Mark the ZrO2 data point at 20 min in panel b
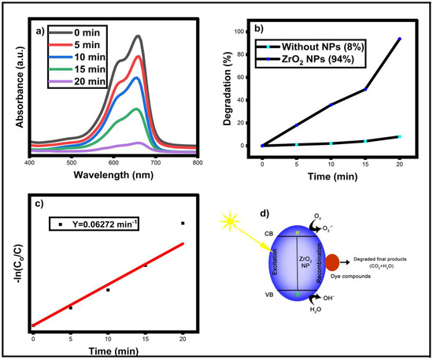pyautogui.click(x=400, y=39)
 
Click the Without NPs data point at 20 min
pyautogui.click(x=400, y=137)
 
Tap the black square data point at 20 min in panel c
pyautogui.click(x=183, y=224)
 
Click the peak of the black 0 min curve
pyautogui.click(x=139, y=35)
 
